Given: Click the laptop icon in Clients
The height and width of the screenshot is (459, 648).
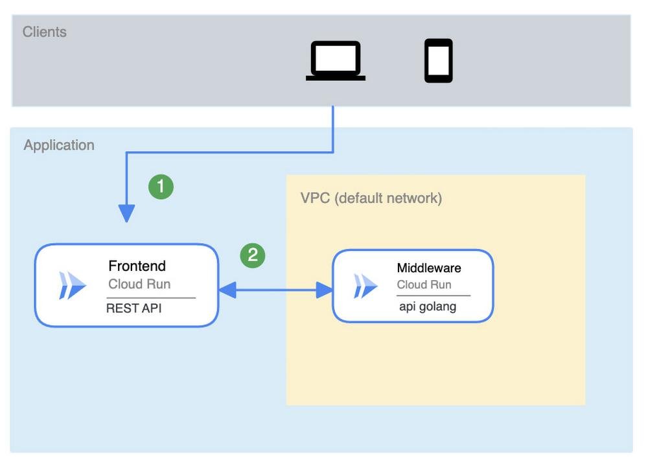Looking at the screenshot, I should [336, 61].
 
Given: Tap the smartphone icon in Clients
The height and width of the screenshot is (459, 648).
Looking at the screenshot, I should [439, 61].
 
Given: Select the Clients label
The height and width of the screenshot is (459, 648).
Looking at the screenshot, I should [45, 32].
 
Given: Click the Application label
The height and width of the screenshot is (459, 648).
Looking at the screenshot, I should [59, 145].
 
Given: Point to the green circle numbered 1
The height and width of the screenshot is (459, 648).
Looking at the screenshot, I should [161, 187].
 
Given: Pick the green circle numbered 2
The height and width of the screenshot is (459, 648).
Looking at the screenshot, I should [253, 255].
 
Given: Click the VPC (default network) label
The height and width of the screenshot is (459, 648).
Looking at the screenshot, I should [371, 198].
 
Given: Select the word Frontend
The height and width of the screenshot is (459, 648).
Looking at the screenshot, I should [137, 266].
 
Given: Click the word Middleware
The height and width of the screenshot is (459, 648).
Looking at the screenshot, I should [429, 268].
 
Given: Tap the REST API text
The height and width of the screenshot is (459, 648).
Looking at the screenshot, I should [133, 309].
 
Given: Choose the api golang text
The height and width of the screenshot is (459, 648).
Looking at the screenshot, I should [428, 307].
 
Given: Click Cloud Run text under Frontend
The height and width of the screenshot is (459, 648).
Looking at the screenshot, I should [139, 284].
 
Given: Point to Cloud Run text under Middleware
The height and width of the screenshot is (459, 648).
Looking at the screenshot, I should [424, 285].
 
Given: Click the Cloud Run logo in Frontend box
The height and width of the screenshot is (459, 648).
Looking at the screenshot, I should [72, 286].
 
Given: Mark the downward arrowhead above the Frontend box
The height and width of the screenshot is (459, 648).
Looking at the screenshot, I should [126, 213].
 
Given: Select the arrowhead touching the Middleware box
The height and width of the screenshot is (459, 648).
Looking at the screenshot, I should [324, 290].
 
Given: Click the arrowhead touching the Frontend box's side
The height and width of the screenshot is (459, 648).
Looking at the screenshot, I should [227, 290].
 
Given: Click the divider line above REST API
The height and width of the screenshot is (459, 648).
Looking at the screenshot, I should [151, 298].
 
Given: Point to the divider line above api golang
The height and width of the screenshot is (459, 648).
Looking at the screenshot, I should [434, 296].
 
